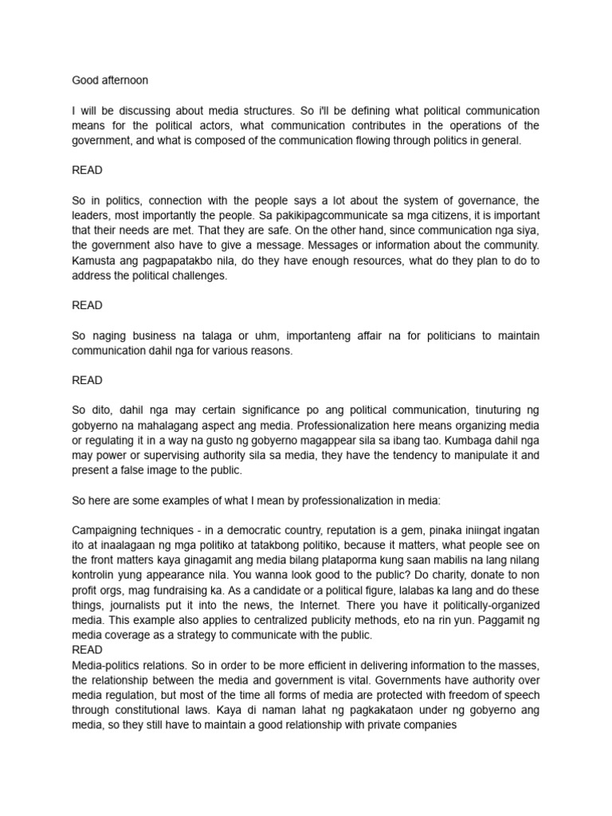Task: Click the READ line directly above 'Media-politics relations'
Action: pos(87,650)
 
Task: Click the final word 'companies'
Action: pos(429,725)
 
